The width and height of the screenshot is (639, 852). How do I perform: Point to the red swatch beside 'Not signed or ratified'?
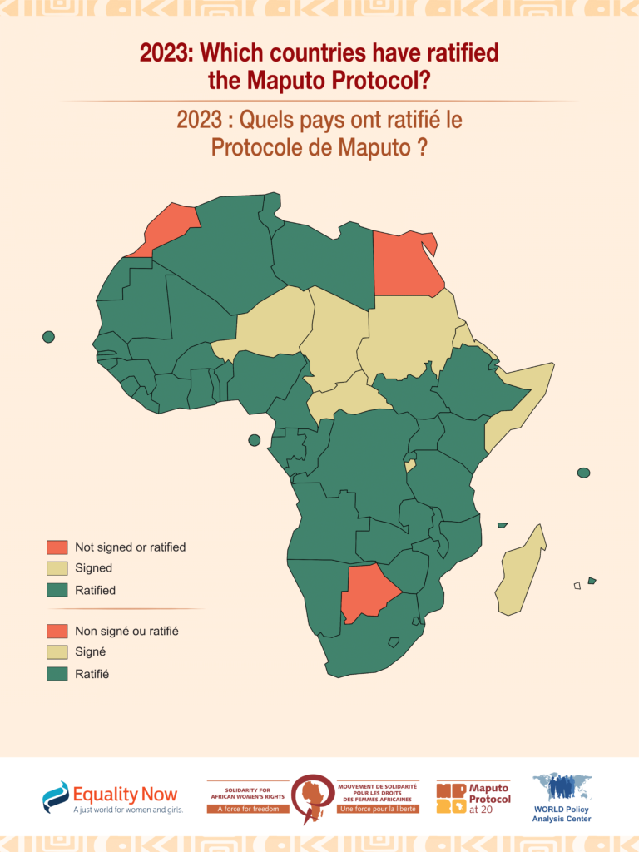pyautogui.click(x=57, y=547)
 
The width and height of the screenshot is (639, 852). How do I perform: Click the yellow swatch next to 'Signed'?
pyautogui.click(x=57, y=569)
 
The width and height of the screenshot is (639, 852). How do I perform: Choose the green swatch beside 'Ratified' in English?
pyautogui.click(x=57, y=591)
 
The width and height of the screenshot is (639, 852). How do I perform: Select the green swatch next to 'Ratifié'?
pyautogui.click(x=57, y=674)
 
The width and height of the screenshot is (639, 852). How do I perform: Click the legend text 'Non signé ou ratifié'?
pyautogui.click(x=126, y=632)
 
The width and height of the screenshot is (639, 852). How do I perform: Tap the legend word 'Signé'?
pyautogui.click(x=91, y=652)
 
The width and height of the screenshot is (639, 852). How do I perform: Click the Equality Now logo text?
pyautogui.click(x=125, y=795)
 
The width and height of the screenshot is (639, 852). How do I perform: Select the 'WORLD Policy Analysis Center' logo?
pyautogui.click(x=562, y=799)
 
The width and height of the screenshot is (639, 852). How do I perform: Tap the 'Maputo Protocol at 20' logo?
pyautogui.click(x=473, y=798)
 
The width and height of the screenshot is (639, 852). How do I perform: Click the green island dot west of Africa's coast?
pyautogui.click(x=48, y=337)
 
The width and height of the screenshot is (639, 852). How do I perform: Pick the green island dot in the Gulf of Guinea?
pyautogui.click(x=255, y=440)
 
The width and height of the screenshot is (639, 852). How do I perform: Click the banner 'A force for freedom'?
pyautogui.click(x=248, y=809)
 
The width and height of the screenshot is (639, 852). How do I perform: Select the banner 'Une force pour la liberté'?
pyautogui.click(x=379, y=809)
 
